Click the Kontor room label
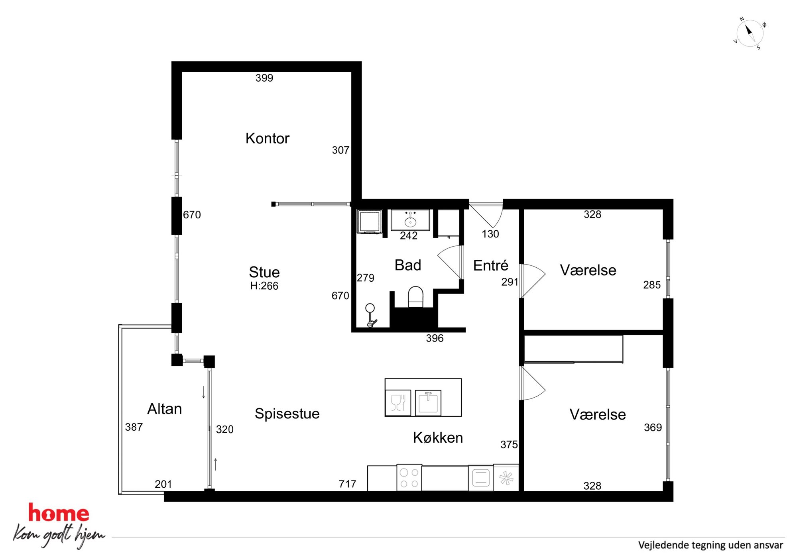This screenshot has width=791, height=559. point(267,138)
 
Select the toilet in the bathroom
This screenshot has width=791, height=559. point(415,297)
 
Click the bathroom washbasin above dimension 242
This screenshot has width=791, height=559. point(410,220)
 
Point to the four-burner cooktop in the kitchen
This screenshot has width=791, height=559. point(409,478)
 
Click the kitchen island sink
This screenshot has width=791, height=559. point(428,403)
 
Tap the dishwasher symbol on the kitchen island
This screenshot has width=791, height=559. point(398,403)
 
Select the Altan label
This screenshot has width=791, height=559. point(165,409)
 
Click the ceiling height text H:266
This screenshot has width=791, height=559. point(264,286)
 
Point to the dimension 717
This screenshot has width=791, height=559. point(347,484)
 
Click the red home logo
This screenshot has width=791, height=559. point(59,513)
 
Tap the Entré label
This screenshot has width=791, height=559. point(491,265)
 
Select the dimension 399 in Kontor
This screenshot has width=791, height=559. point(264,78)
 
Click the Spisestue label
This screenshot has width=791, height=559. point(287,414)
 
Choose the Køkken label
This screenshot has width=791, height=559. point(438,437)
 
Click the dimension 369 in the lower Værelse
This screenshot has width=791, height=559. point(653,428)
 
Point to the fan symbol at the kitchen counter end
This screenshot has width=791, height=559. point(506,478)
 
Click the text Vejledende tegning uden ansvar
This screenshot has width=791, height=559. point(710,545)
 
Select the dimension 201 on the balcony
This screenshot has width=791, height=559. point(163,484)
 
